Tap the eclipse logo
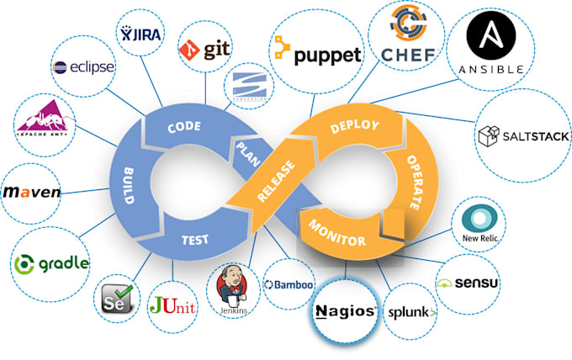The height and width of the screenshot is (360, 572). pyautogui.click(x=83, y=66)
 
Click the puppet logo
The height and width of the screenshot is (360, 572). pyautogui.click(x=316, y=55)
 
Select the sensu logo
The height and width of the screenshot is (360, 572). pyautogui.click(x=468, y=283)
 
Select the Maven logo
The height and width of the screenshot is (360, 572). pyautogui.click(x=33, y=193)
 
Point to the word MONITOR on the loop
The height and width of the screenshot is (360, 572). pyautogui.click(x=337, y=233)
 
